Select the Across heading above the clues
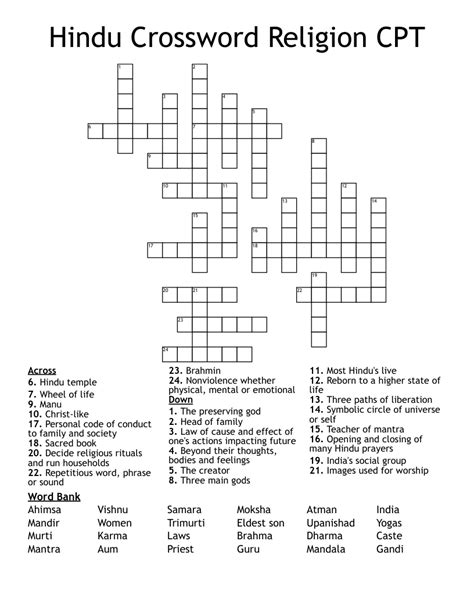pyautogui.click(x=42, y=371)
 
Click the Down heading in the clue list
pyautogui.click(x=180, y=400)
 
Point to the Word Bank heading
pyautogui.click(x=54, y=496)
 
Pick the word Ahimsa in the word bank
pyautogui.click(x=45, y=510)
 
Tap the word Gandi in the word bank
pyautogui.click(x=390, y=549)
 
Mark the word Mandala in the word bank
pyautogui.click(x=327, y=549)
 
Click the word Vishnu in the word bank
pyautogui.click(x=114, y=510)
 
